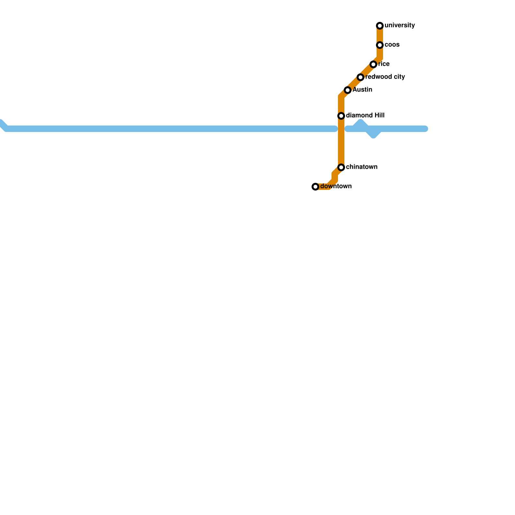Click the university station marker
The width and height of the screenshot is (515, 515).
380,26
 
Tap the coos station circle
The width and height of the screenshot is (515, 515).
380,45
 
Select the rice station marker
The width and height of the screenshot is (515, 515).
373,64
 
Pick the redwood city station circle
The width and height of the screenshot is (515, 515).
360,77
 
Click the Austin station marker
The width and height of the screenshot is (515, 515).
348,90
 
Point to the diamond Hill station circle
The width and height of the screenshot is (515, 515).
341,116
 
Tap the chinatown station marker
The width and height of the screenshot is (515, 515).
341,167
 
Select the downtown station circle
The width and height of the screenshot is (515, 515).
315,187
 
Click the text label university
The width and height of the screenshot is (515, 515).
399,25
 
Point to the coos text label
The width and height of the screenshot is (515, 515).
392,45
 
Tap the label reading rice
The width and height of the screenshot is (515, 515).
384,64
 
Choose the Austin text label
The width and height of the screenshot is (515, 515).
362,90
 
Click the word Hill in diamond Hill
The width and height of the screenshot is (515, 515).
378,116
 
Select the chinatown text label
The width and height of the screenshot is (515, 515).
361,167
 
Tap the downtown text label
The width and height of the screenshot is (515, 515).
336,186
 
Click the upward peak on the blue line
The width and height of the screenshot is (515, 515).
360,122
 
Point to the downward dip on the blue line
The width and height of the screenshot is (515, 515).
373,135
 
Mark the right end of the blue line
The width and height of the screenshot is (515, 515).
425,129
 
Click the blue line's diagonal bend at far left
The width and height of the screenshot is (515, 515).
3,125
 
